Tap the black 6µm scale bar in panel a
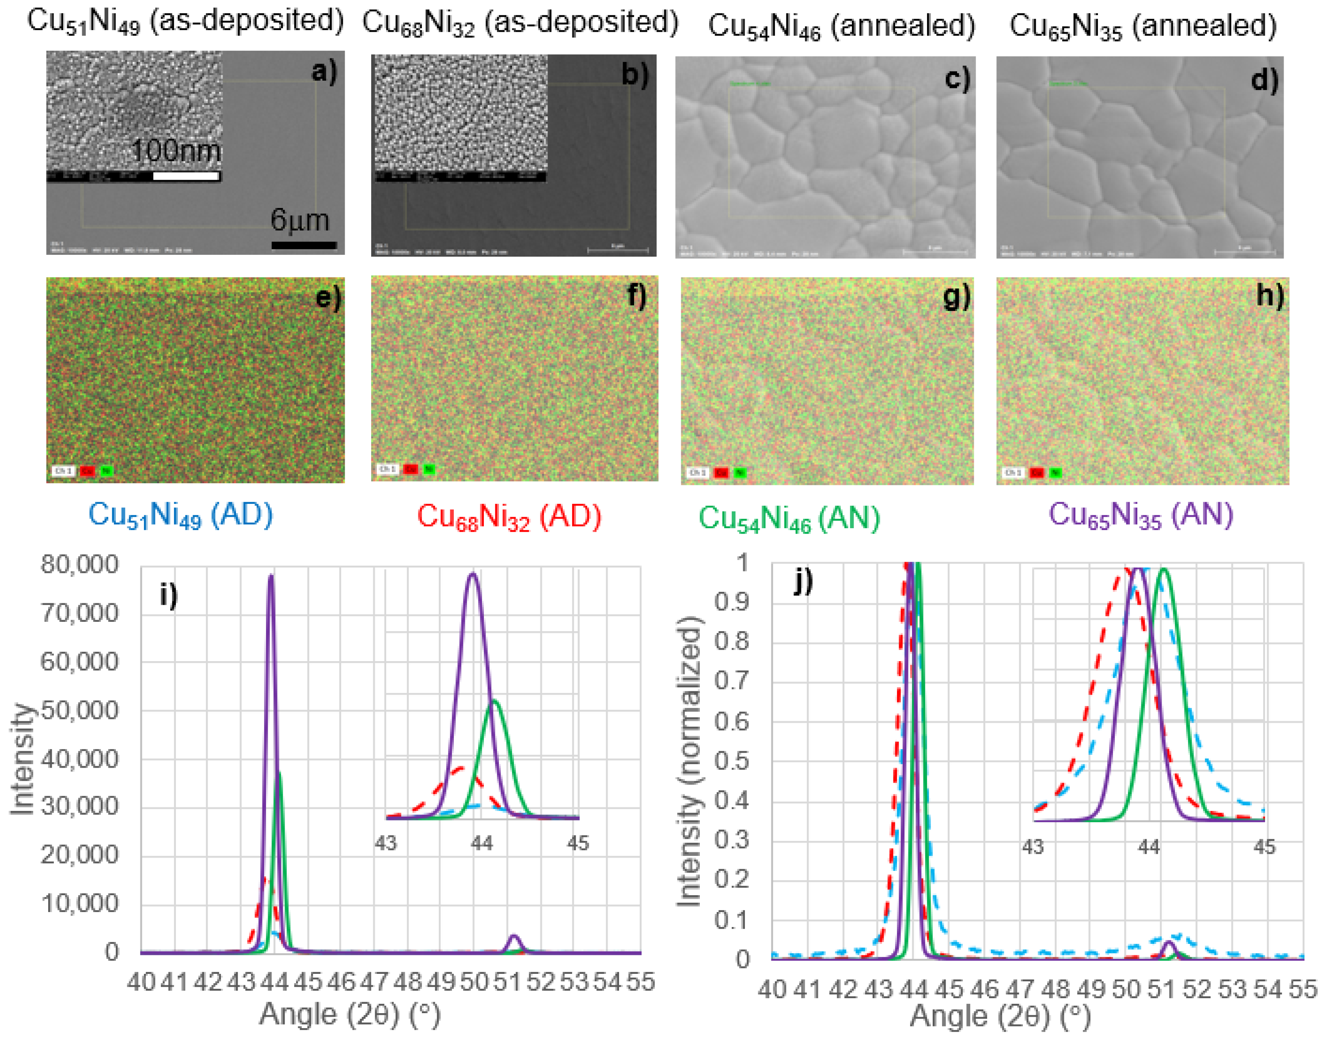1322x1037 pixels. click(x=304, y=245)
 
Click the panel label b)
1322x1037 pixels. click(x=634, y=75)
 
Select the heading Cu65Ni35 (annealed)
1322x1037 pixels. click(x=1143, y=26)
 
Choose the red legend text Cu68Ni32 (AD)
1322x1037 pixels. click(x=509, y=517)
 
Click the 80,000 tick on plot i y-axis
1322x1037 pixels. click(x=80, y=564)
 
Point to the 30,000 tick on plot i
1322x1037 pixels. click(x=80, y=807)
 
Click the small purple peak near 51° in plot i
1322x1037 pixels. click(x=514, y=938)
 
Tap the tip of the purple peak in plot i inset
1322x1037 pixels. click(x=473, y=574)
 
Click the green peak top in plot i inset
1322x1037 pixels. click(x=495, y=701)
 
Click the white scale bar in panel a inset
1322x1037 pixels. click(x=186, y=176)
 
